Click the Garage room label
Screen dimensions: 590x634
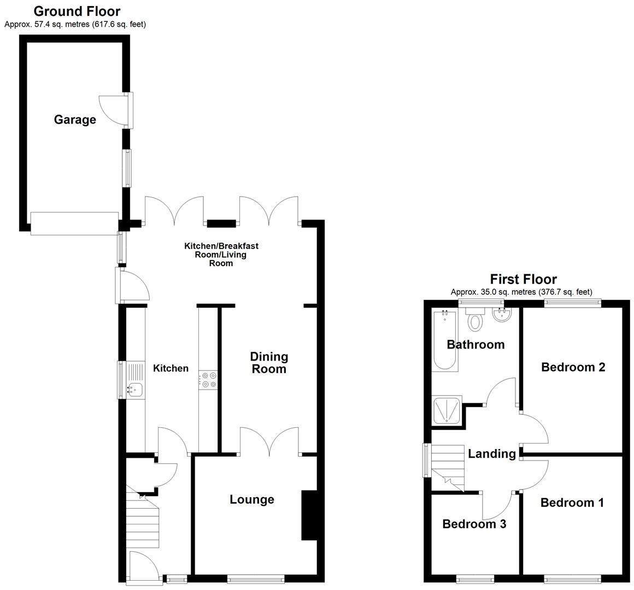[x=75, y=120]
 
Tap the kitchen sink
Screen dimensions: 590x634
[x=134, y=389]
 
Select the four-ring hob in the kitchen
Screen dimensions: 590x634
[x=208, y=380]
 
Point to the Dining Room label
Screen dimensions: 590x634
[x=269, y=363]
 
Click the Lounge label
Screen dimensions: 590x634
[x=252, y=499]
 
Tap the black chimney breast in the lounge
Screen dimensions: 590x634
[x=309, y=516]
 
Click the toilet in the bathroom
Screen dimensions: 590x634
[x=475, y=321]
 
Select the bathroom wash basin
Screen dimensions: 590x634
[x=501, y=315]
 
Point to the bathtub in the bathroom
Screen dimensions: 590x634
[x=444, y=341]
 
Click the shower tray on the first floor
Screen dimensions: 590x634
[x=447, y=410]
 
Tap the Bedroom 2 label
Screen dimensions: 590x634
[x=573, y=367]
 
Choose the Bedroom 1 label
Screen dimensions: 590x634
[x=572, y=503]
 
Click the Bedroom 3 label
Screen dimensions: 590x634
[x=474, y=524]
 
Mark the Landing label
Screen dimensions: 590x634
[x=492, y=454]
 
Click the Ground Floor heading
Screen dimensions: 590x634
[x=77, y=11]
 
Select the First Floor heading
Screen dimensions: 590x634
[x=523, y=280]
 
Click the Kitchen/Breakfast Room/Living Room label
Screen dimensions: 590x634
[x=221, y=255]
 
